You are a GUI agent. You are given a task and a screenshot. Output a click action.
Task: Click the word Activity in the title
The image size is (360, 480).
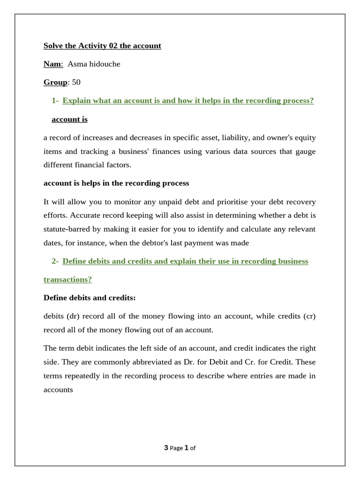pyautogui.click(x=92, y=45)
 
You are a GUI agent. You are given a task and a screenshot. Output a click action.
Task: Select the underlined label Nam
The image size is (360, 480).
pyautogui.click(x=53, y=64)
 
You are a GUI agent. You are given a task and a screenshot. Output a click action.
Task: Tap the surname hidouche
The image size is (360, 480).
pyautogui.click(x=104, y=64)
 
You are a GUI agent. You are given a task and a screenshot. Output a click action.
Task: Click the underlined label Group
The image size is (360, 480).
pyautogui.click(x=55, y=82)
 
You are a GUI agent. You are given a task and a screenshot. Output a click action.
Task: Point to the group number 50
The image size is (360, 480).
pyautogui.click(x=76, y=82)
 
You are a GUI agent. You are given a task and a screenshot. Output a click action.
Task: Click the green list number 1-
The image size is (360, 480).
pyautogui.click(x=55, y=100)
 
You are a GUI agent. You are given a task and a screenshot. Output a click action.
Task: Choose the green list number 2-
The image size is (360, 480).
pyautogui.click(x=55, y=261)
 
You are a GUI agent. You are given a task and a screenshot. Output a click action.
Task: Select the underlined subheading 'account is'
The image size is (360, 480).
pyautogui.click(x=69, y=119)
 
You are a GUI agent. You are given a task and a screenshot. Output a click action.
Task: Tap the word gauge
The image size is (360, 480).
pyautogui.click(x=305, y=151)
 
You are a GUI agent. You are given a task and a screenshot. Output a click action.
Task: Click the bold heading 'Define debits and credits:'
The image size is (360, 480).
pyautogui.click(x=90, y=298)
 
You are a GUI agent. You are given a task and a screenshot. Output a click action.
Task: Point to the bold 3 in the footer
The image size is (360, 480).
pyautogui.click(x=166, y=448)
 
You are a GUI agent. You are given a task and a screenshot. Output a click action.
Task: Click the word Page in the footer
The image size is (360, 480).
pyautogui.click(x=176, y=448)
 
